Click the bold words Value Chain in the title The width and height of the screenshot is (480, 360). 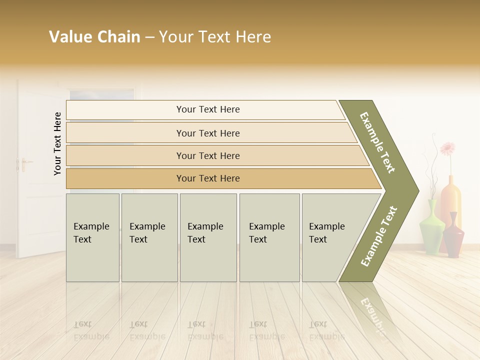pos(94,36)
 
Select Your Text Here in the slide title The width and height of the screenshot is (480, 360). pos(215,36)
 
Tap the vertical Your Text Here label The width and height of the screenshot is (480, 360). pos(57,143)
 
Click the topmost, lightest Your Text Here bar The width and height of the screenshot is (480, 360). pos(207,109)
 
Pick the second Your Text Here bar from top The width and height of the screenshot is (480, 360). pos(207,133)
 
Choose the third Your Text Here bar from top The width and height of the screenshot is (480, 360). pos(207,155)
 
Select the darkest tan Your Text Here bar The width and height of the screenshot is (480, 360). pos(207,178)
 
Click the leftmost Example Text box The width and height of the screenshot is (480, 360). pos(92,237)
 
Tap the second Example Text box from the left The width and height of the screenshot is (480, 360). pos(149,237)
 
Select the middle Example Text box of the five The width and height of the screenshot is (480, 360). pos(208,237)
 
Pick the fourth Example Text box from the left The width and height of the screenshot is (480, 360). pos(269,237)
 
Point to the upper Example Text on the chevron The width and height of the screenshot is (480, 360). pos(377,142)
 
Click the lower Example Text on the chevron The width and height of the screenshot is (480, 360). pos(379,236)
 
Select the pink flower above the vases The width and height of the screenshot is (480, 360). pos(447,148)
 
